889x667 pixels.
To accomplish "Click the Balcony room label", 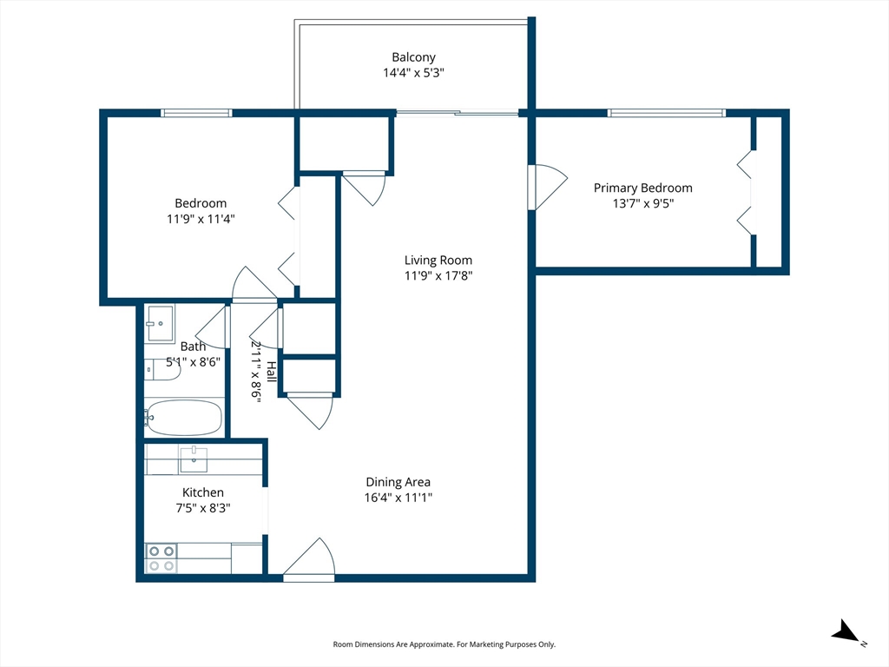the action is coord(414,57).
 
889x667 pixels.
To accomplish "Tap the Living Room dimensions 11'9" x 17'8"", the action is coord(438,275).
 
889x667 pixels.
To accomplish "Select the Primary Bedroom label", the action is coord(643,188).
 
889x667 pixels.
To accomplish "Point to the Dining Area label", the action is coord(398,482).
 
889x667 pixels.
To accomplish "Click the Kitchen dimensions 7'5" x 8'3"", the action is coord(203,508).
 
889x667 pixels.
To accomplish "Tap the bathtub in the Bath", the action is coord(183,418).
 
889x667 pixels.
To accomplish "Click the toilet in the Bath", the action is coord(162,370).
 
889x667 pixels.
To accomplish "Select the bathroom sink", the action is coord(160,323).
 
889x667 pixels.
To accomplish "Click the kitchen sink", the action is coord(194,459).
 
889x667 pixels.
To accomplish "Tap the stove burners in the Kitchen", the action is coord(161,558).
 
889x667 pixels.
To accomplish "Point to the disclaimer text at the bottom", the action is coord(444,644).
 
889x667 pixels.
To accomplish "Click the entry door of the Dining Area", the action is coord(309,558).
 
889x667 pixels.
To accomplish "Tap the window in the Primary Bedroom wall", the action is coord(666,113).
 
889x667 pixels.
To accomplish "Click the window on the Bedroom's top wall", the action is coord(196,113).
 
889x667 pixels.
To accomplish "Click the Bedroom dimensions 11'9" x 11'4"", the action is coord(201,219).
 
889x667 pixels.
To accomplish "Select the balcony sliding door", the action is coord(458,113).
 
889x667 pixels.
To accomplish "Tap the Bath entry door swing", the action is coord(213,327).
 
